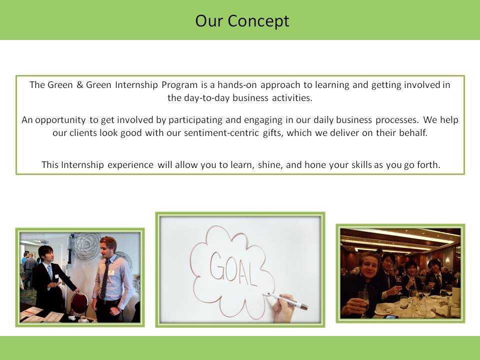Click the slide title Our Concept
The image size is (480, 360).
[242, 21]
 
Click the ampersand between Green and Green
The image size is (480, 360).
[80, 85]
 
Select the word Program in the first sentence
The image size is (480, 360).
[179, 85]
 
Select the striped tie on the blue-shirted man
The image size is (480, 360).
[105, 279]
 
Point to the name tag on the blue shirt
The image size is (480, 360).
[111, 272]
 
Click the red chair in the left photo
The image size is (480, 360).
[79, 304]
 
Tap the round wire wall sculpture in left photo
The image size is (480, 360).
[85, 246]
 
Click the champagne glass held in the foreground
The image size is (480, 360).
[363, 303]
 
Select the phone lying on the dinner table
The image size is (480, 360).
[391, 316]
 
